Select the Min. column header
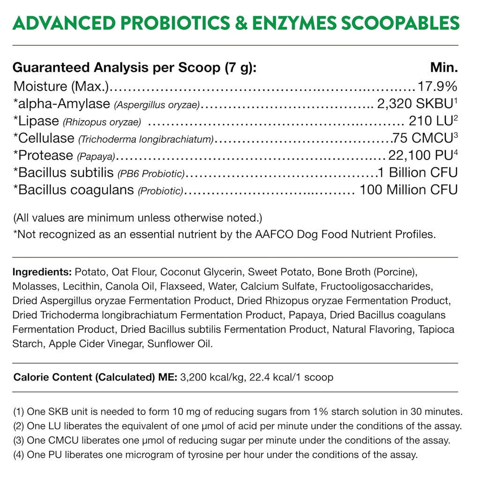[443, 67]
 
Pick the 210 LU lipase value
[429, 121]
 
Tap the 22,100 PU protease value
[420, 155]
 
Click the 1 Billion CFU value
[417, 172]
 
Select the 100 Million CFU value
[408, 190]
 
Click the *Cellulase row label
[44, 138]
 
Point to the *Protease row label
[43, 155]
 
